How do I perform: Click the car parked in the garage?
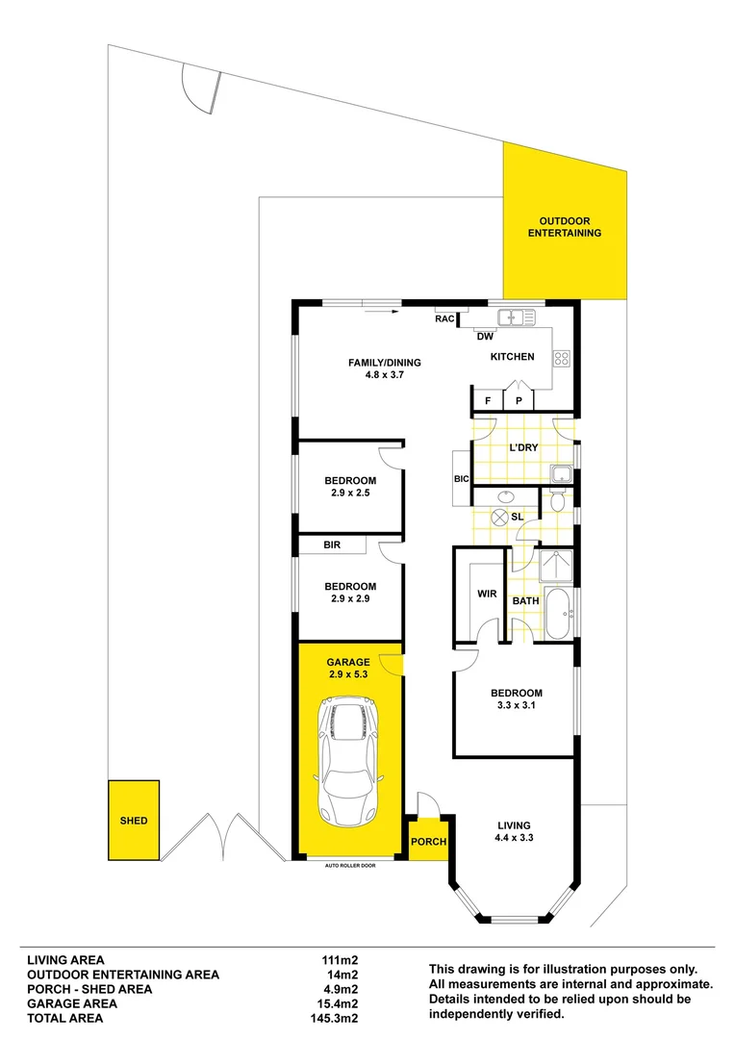point(349,759)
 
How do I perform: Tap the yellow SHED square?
point(133,821)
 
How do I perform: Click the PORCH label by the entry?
point(428,842)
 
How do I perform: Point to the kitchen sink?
point(517,316)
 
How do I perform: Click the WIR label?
point(487,594)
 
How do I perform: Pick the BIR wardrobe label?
point(332,545)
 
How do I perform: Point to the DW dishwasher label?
point(486,337)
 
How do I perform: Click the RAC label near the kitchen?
point(445,318)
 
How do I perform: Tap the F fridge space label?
point(488,400)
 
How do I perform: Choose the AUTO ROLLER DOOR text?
point(349,866)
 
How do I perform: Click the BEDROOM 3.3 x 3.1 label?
point(517,699)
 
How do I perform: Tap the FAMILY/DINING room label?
point(385,368)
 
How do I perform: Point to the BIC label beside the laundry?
point(461,478)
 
